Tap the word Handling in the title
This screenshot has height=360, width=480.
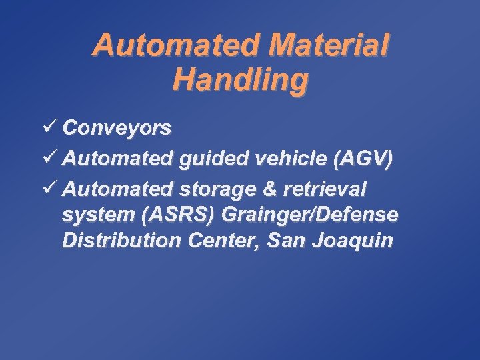pyautogui.click(x=241, y=80)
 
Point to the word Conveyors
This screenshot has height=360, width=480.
pyautogui.click(x=118, y=128)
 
